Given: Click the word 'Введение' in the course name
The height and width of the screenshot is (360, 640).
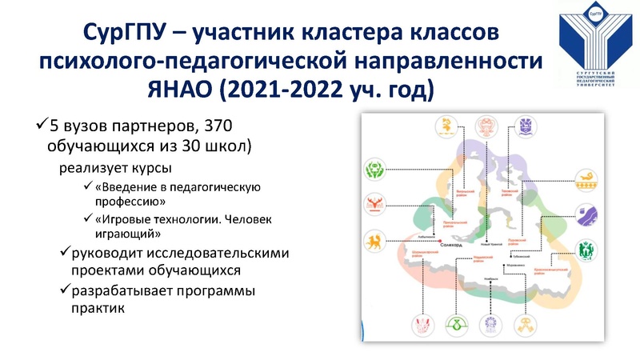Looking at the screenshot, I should tap(130, 187).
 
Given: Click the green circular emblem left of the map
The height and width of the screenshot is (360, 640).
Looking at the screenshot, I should tap(374, 170).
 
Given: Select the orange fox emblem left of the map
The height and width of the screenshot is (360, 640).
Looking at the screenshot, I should tap(374, 241).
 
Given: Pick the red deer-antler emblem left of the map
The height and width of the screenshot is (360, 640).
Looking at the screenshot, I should tap(374, 206).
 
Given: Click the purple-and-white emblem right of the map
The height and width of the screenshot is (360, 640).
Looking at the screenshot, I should tap(586, 215).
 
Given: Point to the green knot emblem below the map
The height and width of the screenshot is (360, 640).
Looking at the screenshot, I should tap(455, 325).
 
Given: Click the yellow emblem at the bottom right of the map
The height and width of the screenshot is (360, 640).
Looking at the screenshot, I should tap(528, 325).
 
